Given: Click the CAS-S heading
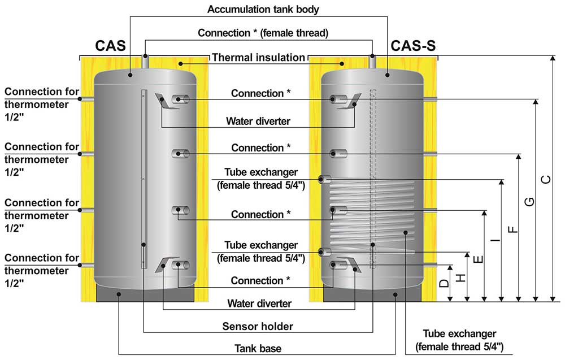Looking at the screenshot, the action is point(413,46).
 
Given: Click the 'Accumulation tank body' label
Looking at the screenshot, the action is point(263,10).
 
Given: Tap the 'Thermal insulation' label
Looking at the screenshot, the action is point(258,57).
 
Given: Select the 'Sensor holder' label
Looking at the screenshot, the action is point(258,327).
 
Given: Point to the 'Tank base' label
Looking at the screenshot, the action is point(258,349).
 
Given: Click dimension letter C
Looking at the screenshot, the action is point(546,179).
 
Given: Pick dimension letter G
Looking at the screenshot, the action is point(529,202).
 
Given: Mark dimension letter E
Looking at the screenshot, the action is point(478,259).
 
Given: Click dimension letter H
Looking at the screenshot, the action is point(461,277).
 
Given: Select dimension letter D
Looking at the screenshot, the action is point(444,283).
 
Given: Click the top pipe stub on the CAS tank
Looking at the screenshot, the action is point(145,61).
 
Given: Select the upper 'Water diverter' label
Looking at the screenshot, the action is point(258,121).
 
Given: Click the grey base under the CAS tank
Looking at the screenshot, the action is point(145,293).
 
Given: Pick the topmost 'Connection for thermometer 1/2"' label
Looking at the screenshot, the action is point(41,105).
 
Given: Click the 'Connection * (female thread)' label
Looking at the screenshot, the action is point(263,33).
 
